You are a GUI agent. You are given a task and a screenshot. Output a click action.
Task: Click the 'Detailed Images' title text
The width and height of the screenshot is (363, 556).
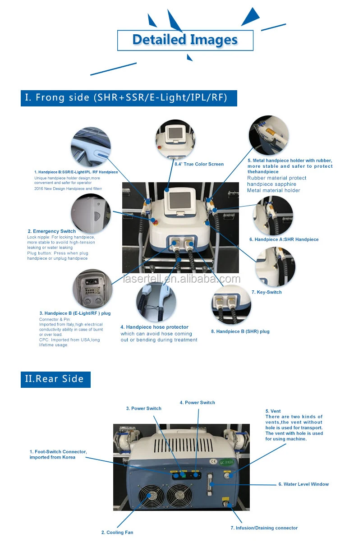[x=185, y=40]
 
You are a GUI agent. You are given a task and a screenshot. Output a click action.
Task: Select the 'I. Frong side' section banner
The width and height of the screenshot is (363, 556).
[x=129, y=97]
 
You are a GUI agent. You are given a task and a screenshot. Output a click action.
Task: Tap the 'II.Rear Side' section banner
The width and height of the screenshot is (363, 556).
[x=55, y=379]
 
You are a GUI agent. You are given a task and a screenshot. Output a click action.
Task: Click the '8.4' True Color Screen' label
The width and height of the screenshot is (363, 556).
[x=199, y=164]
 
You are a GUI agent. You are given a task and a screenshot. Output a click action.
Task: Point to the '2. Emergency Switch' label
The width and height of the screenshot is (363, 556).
[x=51, y=231]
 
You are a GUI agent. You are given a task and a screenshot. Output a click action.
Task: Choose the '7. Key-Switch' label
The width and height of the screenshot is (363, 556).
[x=267, y=292]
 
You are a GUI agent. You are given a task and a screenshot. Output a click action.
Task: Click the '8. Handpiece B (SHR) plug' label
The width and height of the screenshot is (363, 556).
[x=240, y=331]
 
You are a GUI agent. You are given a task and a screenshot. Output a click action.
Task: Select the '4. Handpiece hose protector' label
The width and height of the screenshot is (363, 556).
[x=154, y=327]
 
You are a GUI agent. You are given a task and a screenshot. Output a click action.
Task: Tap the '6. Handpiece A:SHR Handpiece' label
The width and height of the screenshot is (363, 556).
[x=284, y=239]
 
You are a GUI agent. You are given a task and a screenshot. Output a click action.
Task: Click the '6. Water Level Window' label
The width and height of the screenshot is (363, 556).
[x=303, y=484]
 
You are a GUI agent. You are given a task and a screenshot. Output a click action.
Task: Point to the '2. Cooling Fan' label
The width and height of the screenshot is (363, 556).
[x=117, y=533]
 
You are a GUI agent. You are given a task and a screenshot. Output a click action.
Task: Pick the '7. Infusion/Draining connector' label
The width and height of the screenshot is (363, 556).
[x=264, y=528]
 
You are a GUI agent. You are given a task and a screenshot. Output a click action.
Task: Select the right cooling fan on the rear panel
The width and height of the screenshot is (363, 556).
[x=179, y=496]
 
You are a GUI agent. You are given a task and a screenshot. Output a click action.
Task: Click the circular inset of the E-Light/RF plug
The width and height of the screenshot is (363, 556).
[x=92, y=289]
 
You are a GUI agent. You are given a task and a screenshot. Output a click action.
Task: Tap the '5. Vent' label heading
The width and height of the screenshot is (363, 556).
[x=273, y=411]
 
